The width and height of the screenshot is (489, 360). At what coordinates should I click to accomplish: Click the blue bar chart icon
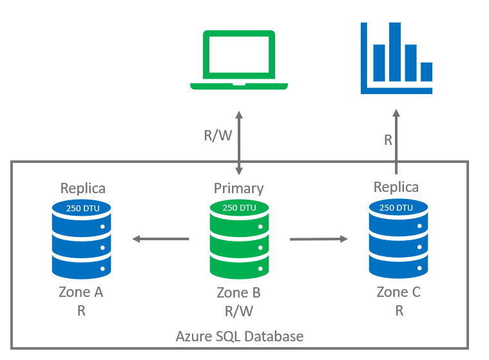[396, 58]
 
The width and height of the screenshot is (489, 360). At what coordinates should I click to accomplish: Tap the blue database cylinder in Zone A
[81, 239]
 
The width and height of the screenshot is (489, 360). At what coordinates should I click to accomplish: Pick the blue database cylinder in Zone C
[396, 239]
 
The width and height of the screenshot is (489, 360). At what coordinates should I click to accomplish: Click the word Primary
[239, 188]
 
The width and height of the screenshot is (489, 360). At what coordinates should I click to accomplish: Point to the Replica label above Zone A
[83, 188]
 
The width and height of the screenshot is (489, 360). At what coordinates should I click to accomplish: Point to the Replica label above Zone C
[396, 187]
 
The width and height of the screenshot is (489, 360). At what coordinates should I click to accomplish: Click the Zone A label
[81, 292]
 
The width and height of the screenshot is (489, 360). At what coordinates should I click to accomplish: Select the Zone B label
[239, 293]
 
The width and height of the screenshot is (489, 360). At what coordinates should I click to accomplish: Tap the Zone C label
[399, 292]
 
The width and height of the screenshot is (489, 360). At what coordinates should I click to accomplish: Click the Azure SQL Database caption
[240, 336]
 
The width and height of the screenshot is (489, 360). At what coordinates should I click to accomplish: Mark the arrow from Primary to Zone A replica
[160, 240]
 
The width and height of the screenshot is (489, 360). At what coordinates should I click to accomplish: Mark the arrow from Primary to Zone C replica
[318, 240]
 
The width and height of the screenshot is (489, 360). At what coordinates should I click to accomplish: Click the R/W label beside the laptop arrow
[216, 136]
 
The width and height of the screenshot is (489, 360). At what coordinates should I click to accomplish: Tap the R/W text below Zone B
[239, 311]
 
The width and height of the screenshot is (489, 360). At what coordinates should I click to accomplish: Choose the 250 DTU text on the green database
[239, 208]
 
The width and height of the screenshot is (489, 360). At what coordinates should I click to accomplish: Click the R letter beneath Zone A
[81, 310]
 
